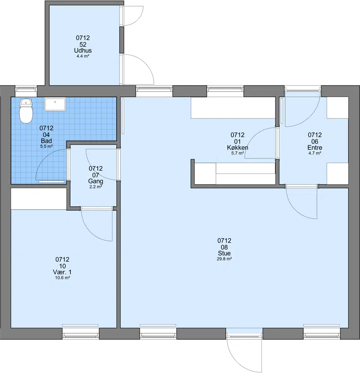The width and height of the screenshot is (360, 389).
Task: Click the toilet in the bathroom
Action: [x=26, y=111]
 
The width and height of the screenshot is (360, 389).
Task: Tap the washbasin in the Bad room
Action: [x=55, y=104]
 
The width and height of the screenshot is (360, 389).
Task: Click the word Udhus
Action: [x=83, y=50]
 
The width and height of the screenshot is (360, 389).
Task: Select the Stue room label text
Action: [x=224, y=253]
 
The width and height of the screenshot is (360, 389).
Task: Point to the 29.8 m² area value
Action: [x=224, y=259]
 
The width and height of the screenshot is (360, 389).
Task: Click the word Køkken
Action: [x=238, y=148]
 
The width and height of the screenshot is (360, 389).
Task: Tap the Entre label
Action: [x=315, y=148]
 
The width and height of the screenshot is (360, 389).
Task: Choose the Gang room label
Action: [x=96, y=181]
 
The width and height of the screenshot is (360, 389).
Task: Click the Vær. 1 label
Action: [x=62, y=272]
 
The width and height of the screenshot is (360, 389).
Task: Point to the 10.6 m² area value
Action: [x=62, y=278]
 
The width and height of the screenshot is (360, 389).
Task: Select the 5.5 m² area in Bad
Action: [x=46, y=146]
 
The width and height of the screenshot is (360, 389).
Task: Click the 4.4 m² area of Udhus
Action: [x=83, y=56]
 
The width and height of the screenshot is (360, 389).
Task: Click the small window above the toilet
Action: [x=26, y=91]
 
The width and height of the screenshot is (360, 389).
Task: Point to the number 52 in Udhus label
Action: [x=83, y=45]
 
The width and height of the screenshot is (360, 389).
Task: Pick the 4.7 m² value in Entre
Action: [x=315, y=153]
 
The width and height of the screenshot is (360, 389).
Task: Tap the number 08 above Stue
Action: [x=224, y=247]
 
